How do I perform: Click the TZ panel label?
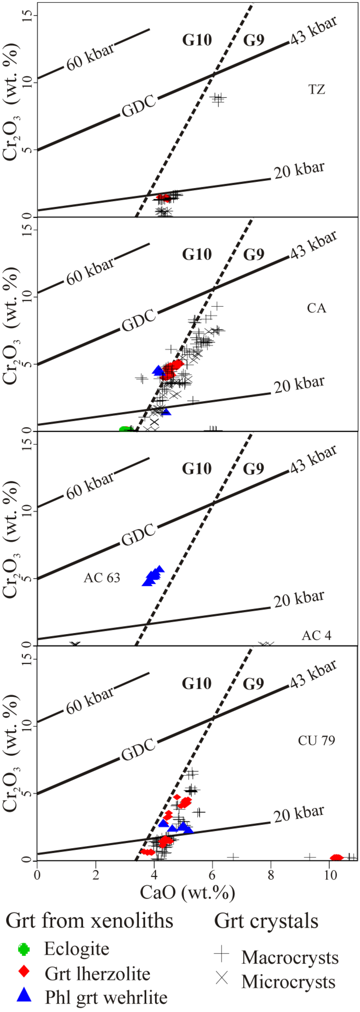316,90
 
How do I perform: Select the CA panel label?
316,308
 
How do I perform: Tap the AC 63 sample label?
102,577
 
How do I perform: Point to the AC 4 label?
316,635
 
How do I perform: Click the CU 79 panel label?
316,740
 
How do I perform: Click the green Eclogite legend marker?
24,949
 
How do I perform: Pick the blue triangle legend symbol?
24,994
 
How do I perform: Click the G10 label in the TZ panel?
197,40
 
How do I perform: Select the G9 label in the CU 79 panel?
253,684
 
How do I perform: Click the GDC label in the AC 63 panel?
139,535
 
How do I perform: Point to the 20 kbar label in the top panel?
299,170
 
